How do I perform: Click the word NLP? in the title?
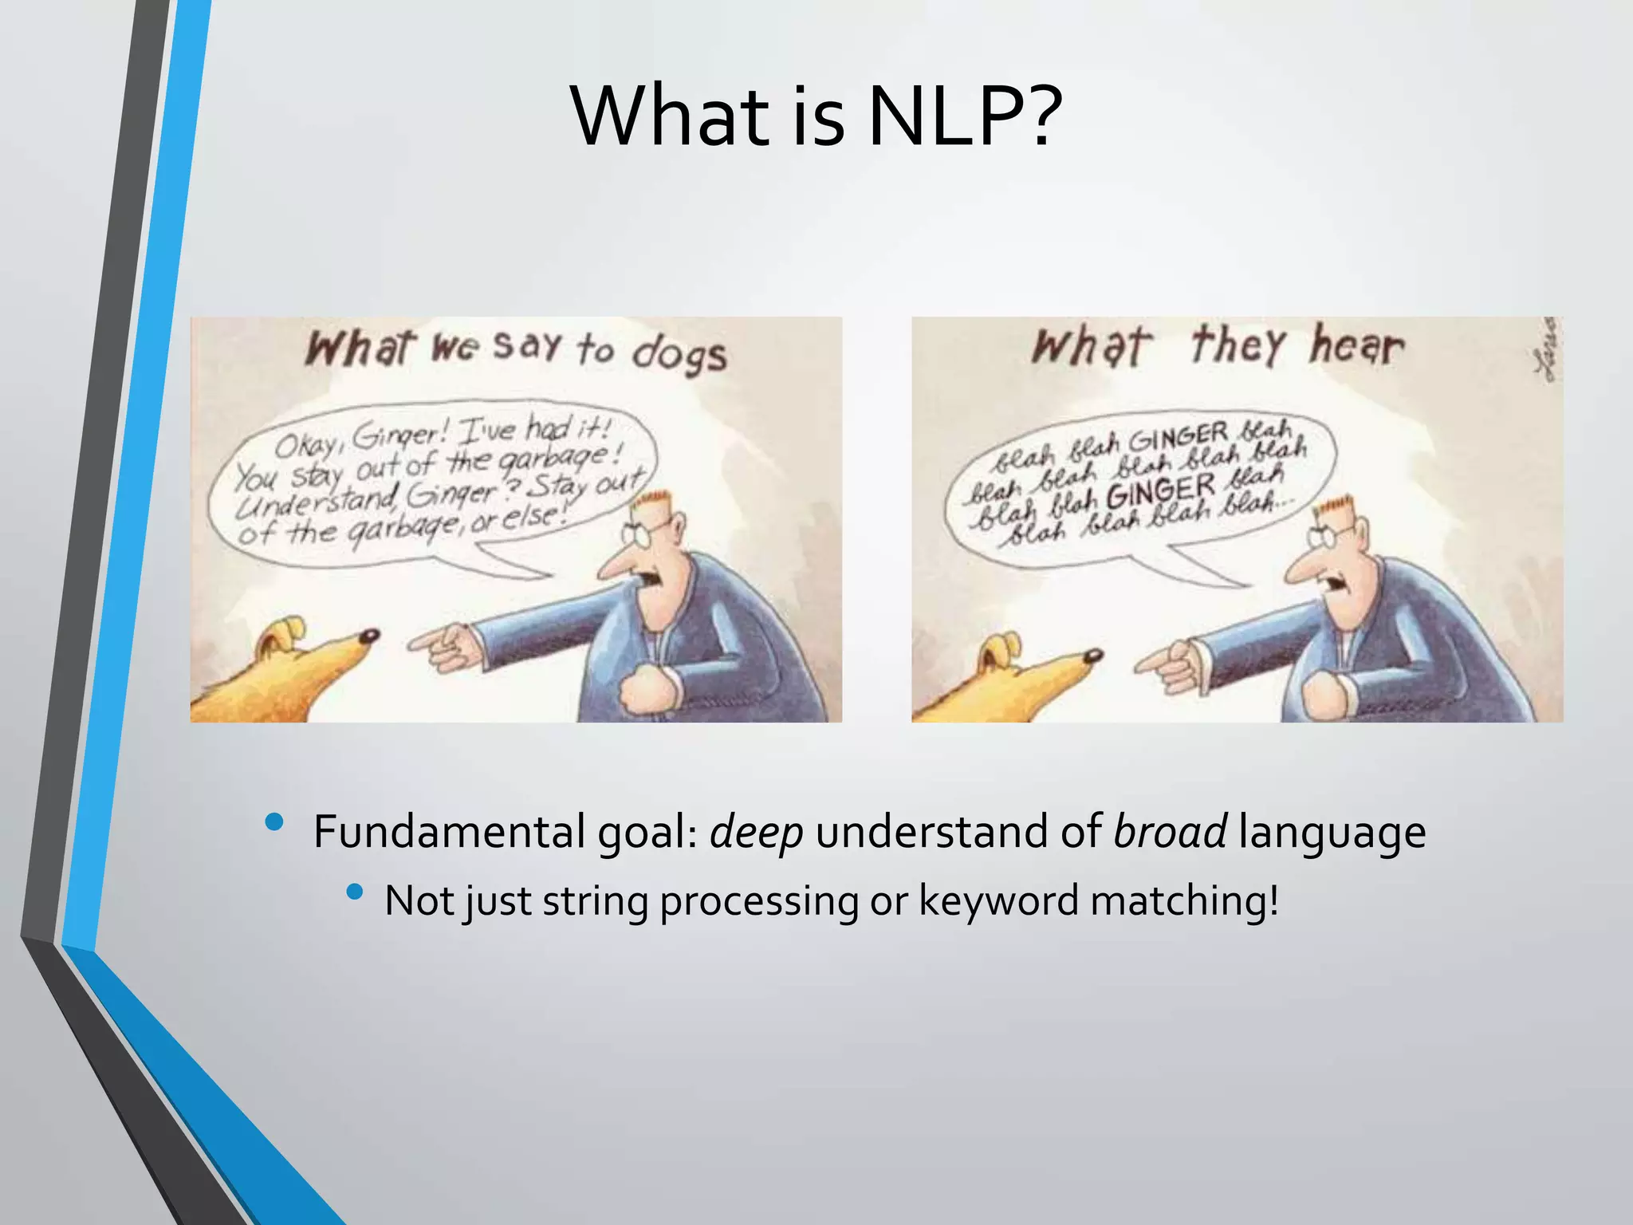pyautogui.click(x=965, y=117)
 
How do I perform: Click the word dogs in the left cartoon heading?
pyautogui.click(x=679, y=354)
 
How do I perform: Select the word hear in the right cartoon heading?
pyautogui.click(x=1356, y=346)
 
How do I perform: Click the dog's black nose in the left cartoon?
pyautogui.click(x=369, y=636)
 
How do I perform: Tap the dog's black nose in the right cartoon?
pyautogui.click(x=1094, y=656)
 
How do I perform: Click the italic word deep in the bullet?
pyautogui.click(x=756, y=832)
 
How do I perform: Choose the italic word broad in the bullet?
pyautogui.click(x=1170, y=832)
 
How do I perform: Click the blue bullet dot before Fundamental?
pyautogui.click(x=275, y=821)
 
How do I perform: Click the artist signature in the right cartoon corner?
pyautogui.click(x=1550, y=349)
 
